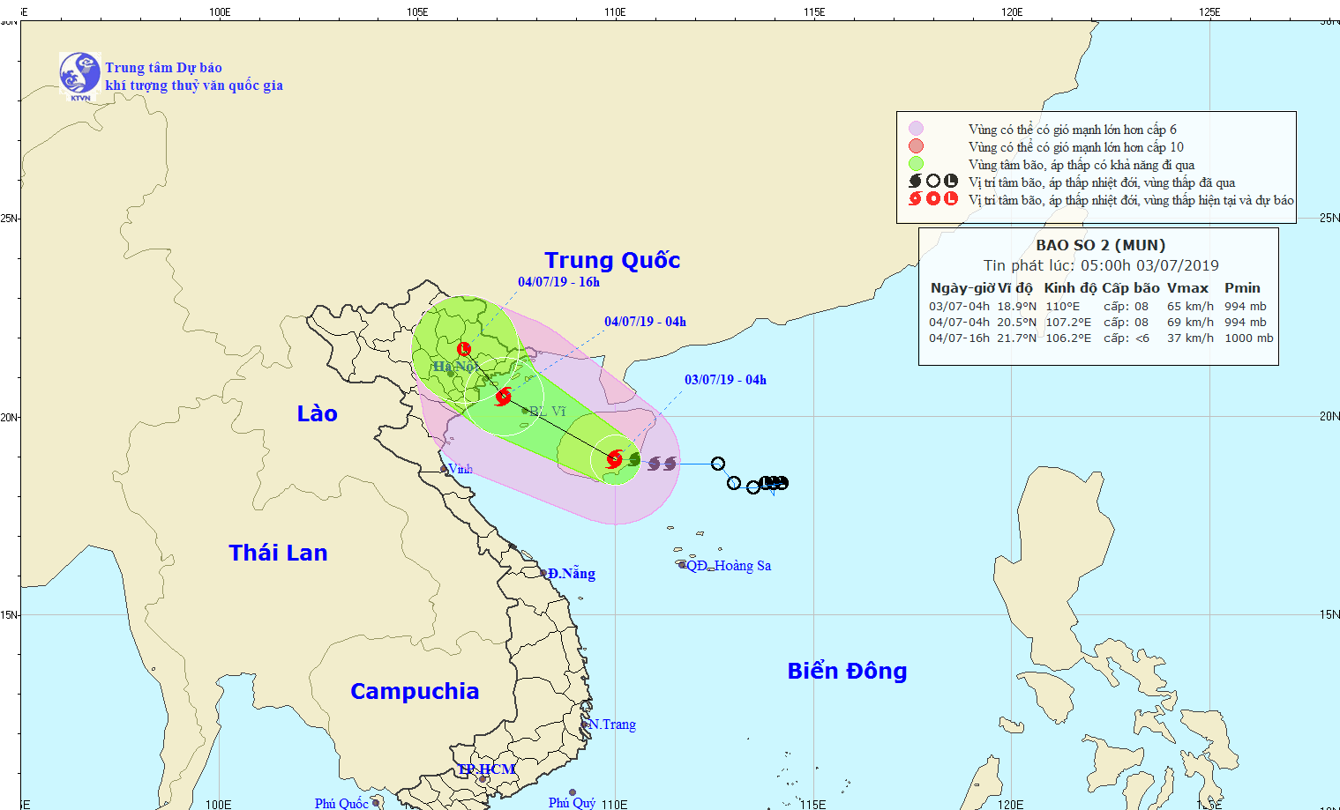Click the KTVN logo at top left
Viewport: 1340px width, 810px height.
(x=79, y=75)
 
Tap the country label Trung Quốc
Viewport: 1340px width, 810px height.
(x=612, y=260)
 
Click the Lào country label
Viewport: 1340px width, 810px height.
(x=317, y=413)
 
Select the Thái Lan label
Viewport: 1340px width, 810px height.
(x=278, y=553)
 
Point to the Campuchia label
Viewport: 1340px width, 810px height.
(x=415, y=691)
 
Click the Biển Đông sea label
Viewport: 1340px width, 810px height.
(x=847, y=671)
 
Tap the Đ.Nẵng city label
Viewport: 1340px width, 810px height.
(x=571, y=574)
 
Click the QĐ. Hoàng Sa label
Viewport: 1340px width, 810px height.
(x=728, y=566)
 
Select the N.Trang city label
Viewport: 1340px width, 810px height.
(x=612, y=725)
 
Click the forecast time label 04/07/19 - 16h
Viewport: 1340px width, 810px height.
(x=558, y=282)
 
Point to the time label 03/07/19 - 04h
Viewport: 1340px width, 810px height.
(x=725, y=380)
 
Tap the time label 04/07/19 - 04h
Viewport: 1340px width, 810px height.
(x=645, y=322)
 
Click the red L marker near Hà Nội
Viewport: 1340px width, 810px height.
(x=464, y=349)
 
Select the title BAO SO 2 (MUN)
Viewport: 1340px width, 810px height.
(x=1100, y=245)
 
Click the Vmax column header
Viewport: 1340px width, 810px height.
(x=1187, y=288)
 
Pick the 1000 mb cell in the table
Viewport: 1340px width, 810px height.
(x=1248, y=338)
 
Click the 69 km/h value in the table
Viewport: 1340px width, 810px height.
(x=1190, y=323)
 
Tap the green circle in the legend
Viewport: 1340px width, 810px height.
(x=916, y=164)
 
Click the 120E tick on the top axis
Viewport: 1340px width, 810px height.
(x=1012, y=12)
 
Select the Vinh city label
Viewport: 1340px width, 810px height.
(x=460, y=469)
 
